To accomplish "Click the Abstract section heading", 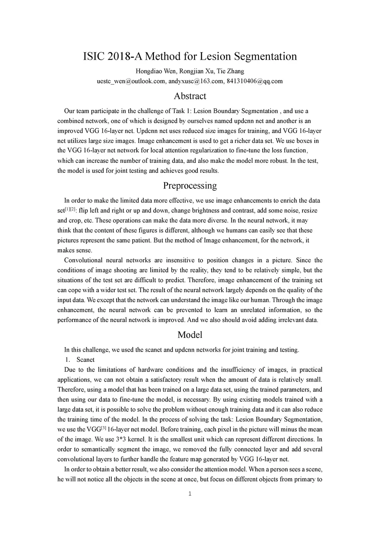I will point(190,96).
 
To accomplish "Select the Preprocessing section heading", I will point(190,185).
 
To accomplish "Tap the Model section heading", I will point(190,335).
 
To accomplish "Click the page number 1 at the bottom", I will point(190,494).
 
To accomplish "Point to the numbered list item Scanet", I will point(85,360).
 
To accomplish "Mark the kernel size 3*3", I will point(118,439).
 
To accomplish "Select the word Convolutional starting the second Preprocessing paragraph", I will point(84,260).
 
